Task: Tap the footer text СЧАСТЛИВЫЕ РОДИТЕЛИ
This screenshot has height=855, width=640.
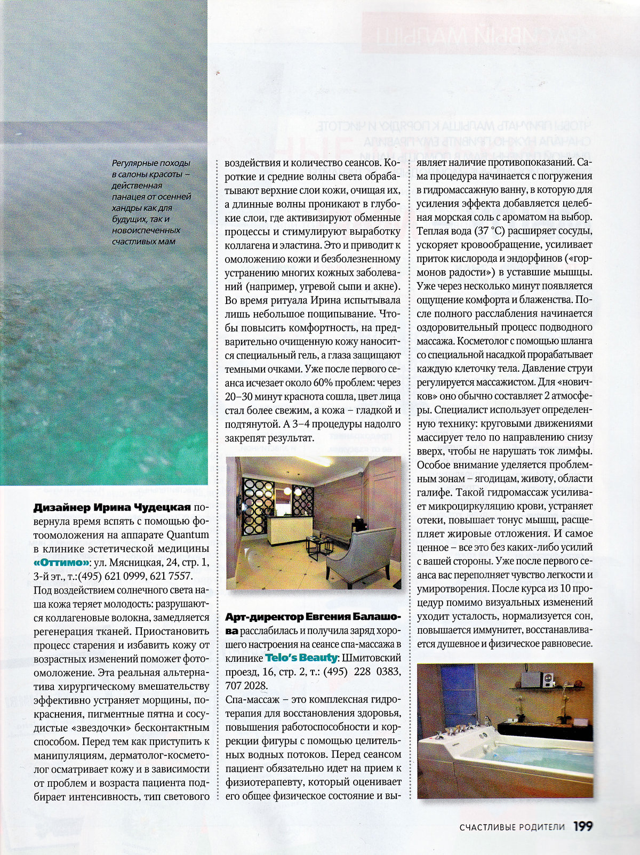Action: [x=511, y=827]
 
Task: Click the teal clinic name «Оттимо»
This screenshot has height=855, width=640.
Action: [x=61, y=563]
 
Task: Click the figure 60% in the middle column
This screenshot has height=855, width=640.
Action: [x=321, y=382]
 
